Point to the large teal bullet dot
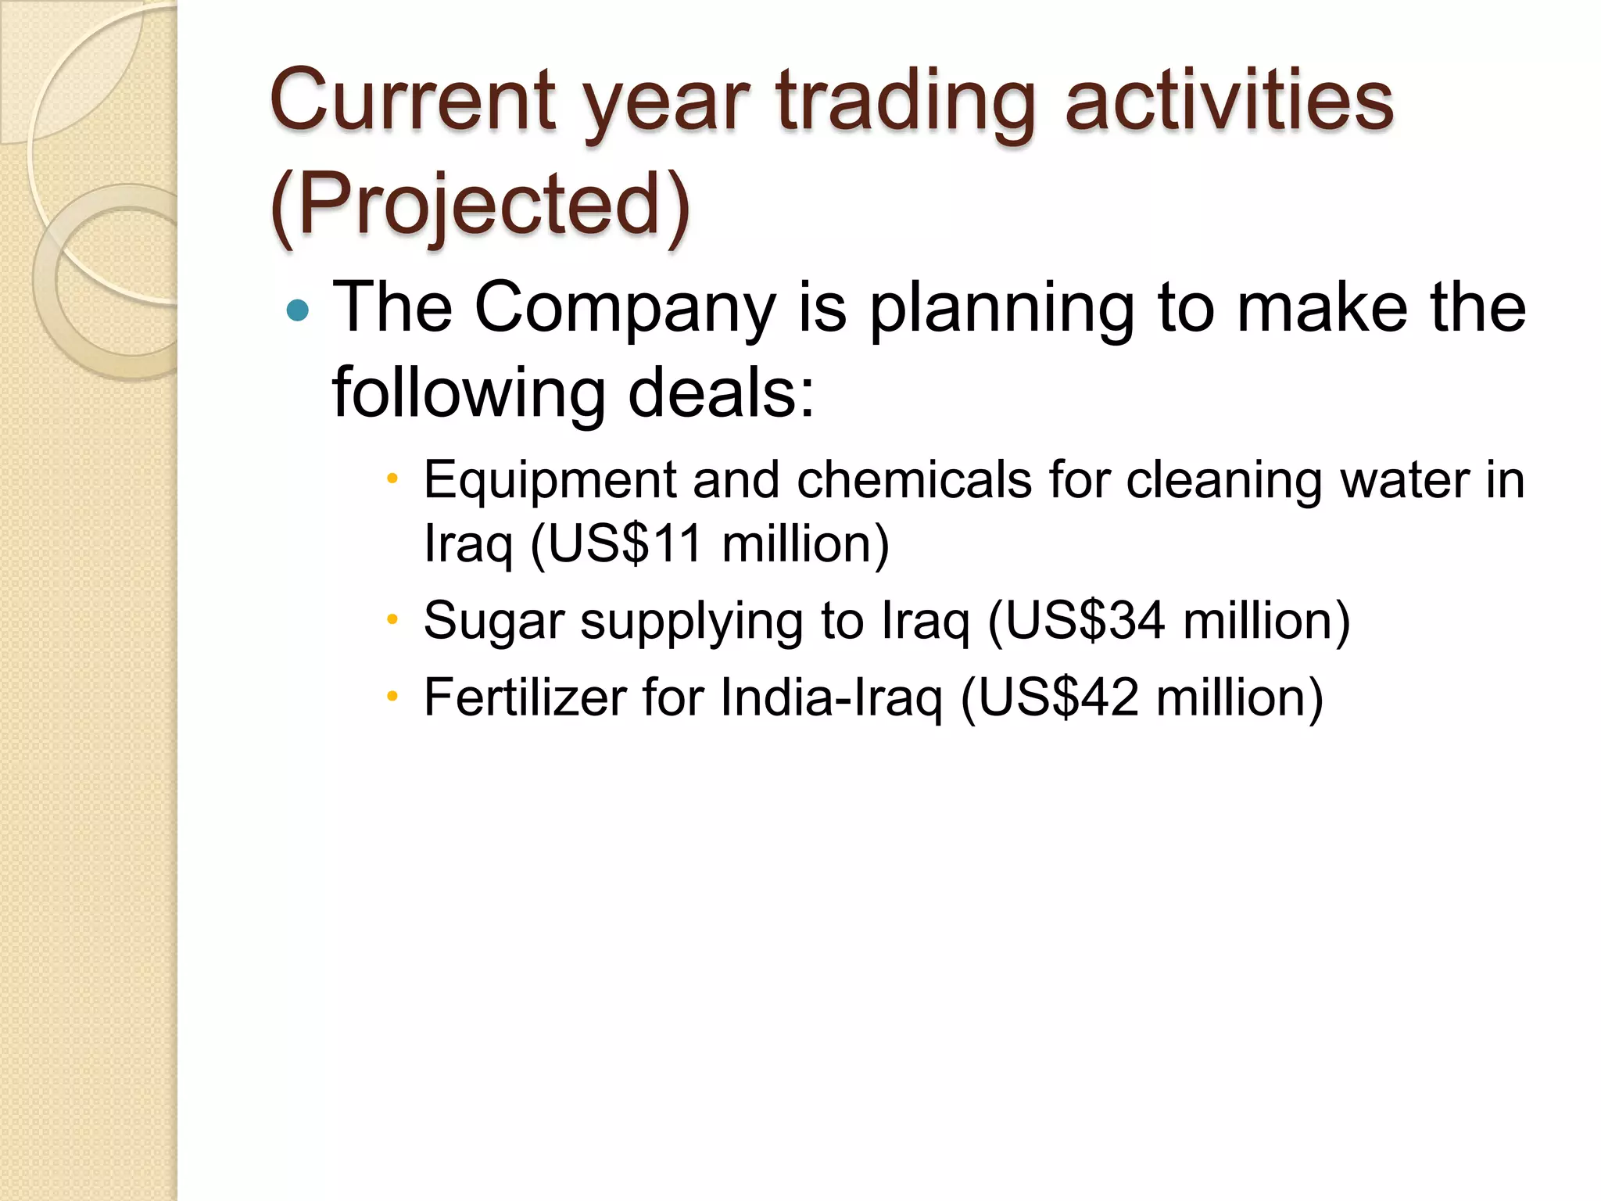[x=298, y=311]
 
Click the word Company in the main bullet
[x=625, y=310]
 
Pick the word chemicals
[x=914, y=479]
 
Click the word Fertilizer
[x=525, y=697]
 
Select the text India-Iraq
[x=832, y=698]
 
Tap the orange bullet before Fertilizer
[x=392, y=697]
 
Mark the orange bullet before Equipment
[x=392, y=479]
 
